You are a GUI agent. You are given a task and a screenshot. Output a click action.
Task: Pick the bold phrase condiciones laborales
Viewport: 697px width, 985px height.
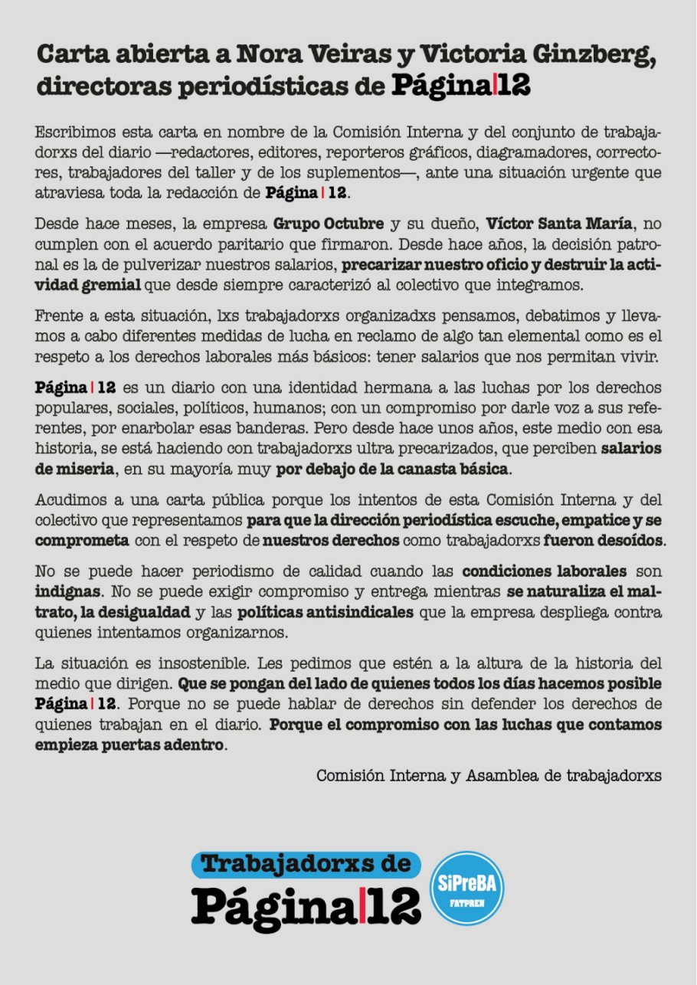coord(544,572)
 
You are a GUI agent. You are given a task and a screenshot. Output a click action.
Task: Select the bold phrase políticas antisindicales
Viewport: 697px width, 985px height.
coord(326,613)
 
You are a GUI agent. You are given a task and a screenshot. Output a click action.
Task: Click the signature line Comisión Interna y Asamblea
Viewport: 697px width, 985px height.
coord(489,775)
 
